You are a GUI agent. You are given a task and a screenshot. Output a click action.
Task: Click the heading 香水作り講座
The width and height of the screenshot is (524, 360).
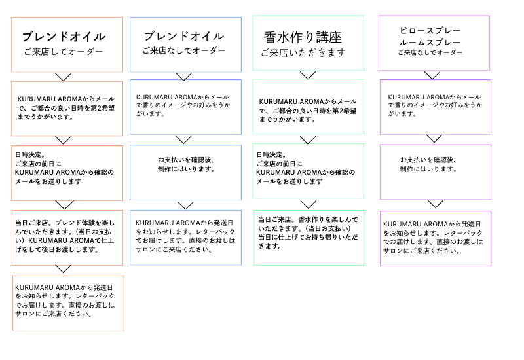(303, 37)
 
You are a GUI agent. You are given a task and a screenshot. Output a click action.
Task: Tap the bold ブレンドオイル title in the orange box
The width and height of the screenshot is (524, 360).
(64, 37)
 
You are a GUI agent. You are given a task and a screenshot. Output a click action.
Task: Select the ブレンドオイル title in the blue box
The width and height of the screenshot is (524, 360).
(184, 36)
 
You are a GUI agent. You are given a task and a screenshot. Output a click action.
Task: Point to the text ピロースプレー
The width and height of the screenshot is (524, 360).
(430, 31)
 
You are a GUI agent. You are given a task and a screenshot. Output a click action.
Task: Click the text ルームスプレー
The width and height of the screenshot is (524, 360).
(430, 42)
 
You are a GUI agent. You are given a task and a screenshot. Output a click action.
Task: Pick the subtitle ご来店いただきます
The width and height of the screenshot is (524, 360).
(303, 52)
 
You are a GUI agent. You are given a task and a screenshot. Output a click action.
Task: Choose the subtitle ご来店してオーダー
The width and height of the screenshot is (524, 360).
(64, 51)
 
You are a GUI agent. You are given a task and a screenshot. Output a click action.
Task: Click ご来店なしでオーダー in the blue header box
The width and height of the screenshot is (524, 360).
(184, 51)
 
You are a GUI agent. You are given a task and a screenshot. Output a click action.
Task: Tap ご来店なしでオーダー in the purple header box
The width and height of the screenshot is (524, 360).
(430, 52)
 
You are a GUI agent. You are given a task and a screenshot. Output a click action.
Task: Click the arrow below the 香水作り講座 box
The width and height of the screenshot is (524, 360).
(308, 75)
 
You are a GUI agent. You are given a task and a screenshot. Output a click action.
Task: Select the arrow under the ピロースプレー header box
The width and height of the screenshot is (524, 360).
(432, 75)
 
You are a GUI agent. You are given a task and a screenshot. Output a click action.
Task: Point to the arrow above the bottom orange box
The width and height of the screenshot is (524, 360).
(64, 268)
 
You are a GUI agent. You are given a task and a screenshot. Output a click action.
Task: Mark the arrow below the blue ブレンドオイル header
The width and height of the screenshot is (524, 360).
(184, 77)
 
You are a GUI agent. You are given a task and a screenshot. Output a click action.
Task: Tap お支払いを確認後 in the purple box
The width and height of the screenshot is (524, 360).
(428, 160)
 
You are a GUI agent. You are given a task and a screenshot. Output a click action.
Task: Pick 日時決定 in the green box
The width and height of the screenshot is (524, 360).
(269, 154)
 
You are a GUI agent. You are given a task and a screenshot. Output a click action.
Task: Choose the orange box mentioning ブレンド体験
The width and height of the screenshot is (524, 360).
(67, 236)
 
